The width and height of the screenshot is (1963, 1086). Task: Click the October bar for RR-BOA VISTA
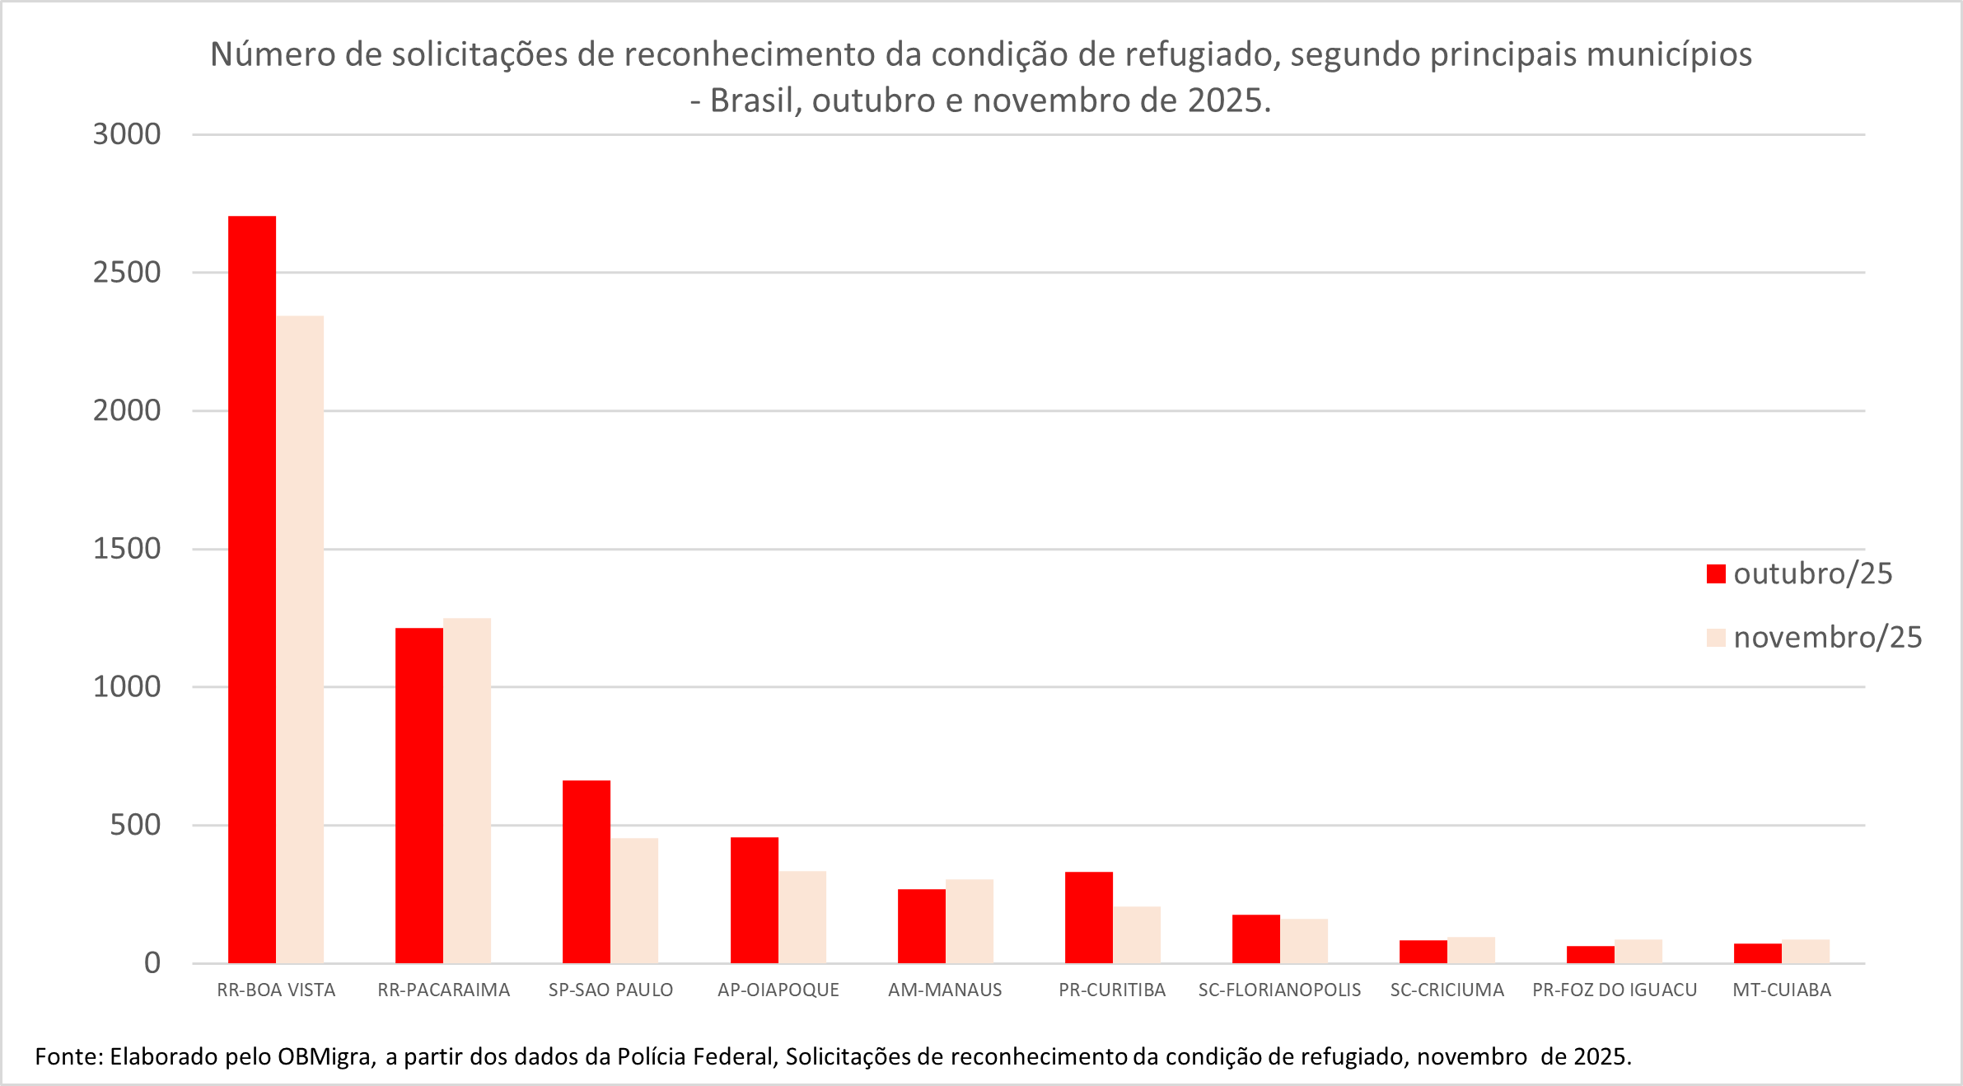(252, 589)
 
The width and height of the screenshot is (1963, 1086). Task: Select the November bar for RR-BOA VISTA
(300, 639)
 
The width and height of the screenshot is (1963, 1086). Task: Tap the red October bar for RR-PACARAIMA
(419, 795)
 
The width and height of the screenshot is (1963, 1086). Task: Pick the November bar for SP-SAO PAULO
(634, 900)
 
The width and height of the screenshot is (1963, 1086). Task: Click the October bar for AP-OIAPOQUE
(755, 900)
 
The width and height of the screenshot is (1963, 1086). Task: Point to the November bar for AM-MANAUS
(970, 920)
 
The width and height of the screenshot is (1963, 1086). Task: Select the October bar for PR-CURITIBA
(1089, 917)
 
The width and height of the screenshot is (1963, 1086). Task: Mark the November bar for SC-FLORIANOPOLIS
(1304, 940)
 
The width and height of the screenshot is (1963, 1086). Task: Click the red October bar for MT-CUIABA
(1758, 953)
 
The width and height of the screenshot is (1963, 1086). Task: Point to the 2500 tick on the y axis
(127, 272)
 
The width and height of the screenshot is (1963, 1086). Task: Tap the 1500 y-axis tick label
(127, 549)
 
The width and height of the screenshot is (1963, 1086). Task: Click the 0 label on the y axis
(152, 962)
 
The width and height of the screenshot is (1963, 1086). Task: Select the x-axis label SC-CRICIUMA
(1447, 990)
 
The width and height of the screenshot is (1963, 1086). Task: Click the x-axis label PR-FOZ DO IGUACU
(1615, 990)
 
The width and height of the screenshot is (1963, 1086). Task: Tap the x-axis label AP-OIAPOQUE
(778, 990)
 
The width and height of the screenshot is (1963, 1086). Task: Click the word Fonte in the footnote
(68, 1056)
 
